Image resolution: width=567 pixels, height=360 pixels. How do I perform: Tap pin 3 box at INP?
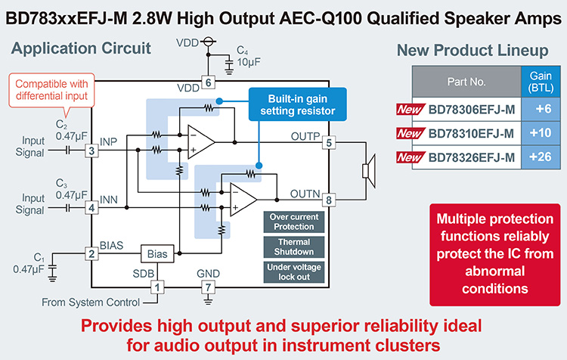(91, 151)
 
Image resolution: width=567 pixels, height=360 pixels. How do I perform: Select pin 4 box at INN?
(91, 206)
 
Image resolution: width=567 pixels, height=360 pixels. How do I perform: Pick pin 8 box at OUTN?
(329, 200)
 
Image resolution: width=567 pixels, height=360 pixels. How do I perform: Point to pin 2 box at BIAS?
(91, 254)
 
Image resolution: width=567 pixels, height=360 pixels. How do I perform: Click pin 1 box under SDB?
(157, 287)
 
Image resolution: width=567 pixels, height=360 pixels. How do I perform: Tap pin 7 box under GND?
(206, 287)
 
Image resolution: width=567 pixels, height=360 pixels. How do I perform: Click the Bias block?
(157, 254)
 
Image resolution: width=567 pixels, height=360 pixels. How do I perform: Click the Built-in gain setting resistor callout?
(297, 104)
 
